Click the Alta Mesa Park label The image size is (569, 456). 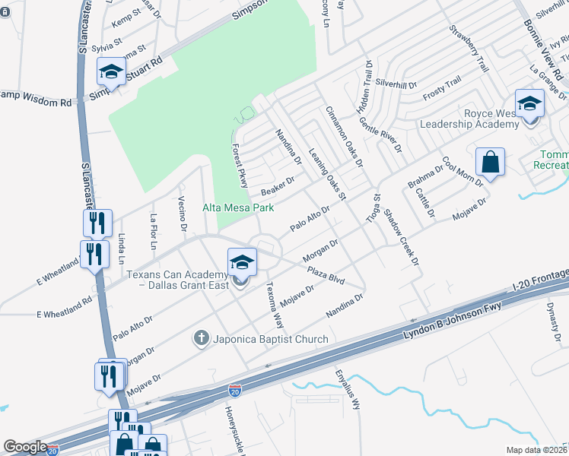[237, 207]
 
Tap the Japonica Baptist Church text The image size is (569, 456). [270, 339]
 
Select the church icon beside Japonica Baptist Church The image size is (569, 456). [202, 337]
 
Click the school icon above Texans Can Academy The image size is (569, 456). [242, 264]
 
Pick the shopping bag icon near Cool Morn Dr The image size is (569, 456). [491, 162]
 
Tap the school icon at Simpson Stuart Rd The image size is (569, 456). [111, 73]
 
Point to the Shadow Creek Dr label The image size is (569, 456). [402, 236]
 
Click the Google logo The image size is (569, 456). [25, 447]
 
